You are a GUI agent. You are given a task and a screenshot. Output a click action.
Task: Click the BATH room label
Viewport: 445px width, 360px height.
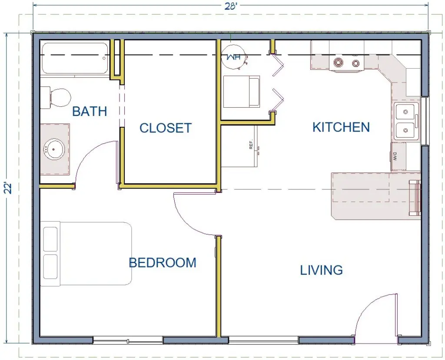90,111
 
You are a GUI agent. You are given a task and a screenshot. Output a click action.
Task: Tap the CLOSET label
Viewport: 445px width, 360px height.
166,128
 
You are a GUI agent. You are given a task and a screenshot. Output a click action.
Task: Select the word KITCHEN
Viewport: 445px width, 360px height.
341,127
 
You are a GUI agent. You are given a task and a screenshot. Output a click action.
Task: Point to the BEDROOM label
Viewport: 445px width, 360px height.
163,263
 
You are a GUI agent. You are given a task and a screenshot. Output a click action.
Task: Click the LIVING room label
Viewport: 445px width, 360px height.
322,270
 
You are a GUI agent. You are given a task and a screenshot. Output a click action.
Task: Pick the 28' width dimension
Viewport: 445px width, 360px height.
231,6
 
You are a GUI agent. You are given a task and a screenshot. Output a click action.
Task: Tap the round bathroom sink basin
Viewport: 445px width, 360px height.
54,149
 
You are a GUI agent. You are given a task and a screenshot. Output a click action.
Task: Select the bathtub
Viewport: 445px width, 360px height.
75,58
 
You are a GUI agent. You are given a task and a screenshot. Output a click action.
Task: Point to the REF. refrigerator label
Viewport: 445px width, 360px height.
251,145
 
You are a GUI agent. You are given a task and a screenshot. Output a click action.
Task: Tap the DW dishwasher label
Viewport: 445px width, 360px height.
395,156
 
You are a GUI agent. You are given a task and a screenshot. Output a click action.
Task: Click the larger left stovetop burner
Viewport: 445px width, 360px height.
338,62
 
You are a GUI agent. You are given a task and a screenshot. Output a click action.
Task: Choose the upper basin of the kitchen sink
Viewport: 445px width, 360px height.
406,112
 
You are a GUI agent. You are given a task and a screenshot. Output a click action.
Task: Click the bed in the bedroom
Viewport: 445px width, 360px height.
86,254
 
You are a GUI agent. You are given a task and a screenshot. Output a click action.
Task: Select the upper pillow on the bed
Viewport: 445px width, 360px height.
50,239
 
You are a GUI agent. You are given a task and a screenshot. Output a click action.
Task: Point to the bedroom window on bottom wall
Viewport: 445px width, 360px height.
128,340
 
